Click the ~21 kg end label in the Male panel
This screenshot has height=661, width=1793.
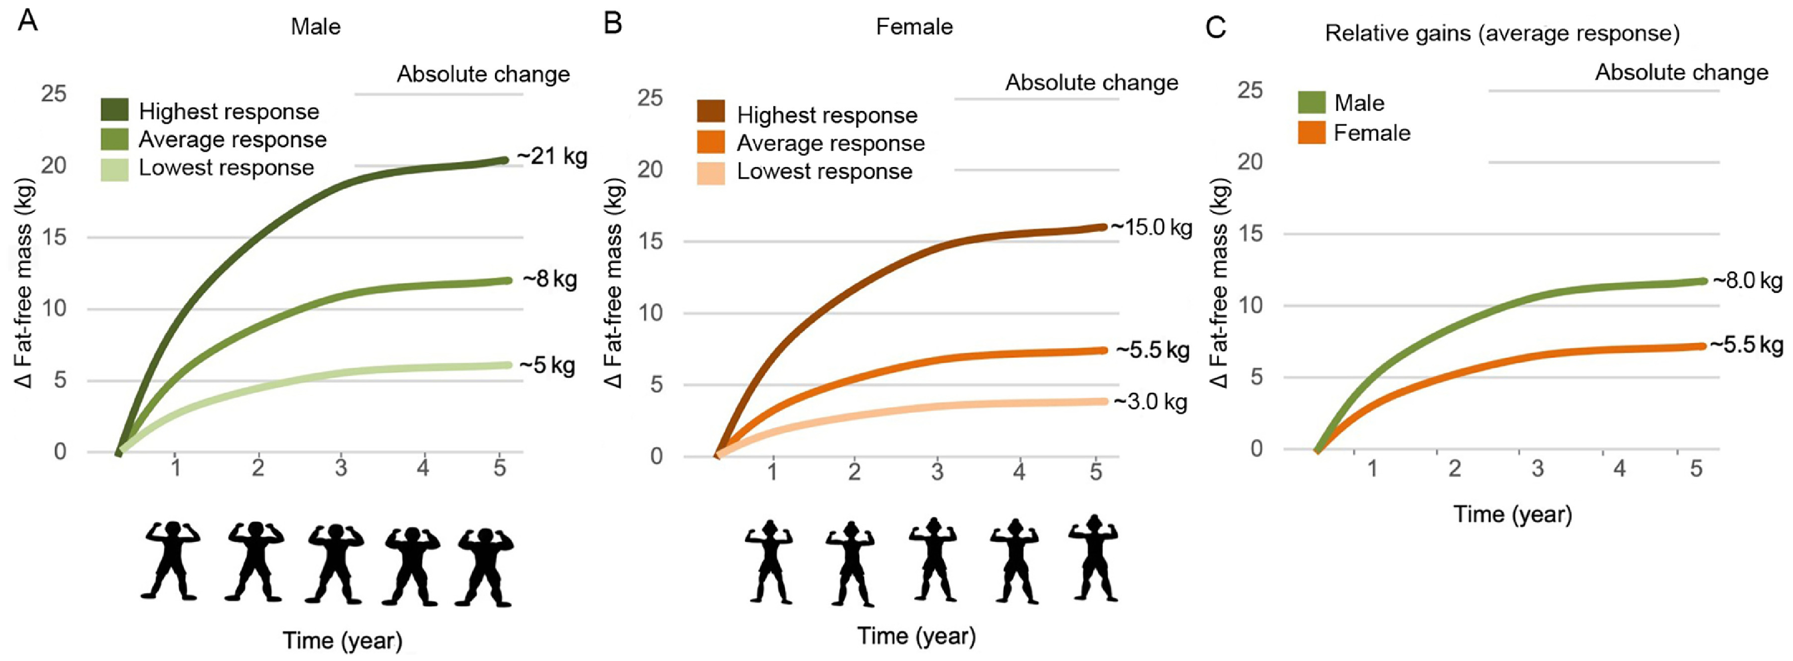(552, 157)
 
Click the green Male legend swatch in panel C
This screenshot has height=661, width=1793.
(1312, 103)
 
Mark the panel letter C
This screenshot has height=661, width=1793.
(1215, 27)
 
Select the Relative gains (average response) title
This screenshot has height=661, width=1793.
(1502, 33)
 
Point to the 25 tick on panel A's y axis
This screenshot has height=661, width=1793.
(54, 93)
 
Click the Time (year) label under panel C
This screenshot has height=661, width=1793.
(1512, 515)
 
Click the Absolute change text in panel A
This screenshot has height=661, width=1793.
(483, 75)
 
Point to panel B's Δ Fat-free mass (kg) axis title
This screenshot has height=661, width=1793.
(613, 282)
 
